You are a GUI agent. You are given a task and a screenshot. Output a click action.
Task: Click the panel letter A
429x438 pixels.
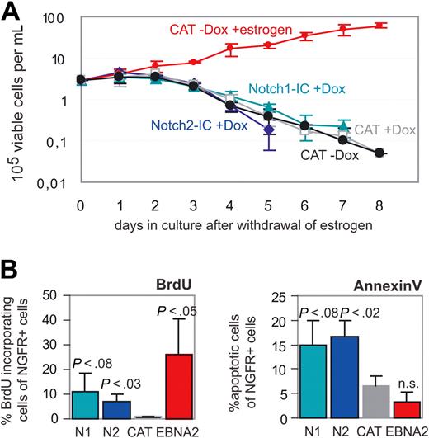11,12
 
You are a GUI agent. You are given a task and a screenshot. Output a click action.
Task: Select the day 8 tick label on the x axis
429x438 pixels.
378,201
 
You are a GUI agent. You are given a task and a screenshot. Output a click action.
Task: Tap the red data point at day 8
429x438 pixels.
378,26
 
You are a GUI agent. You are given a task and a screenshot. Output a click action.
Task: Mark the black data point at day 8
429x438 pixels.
378,153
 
